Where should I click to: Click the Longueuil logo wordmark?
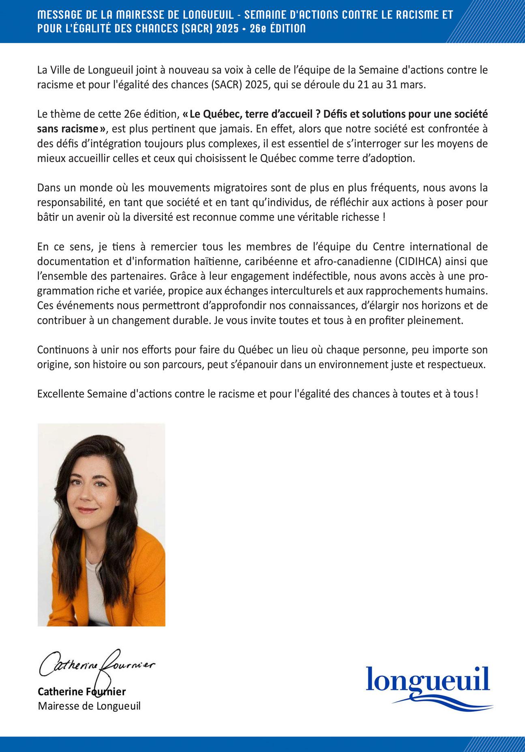click(428, 680)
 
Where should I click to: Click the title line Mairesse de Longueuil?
click(89, 706)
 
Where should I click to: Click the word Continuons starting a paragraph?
click(61, 350)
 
